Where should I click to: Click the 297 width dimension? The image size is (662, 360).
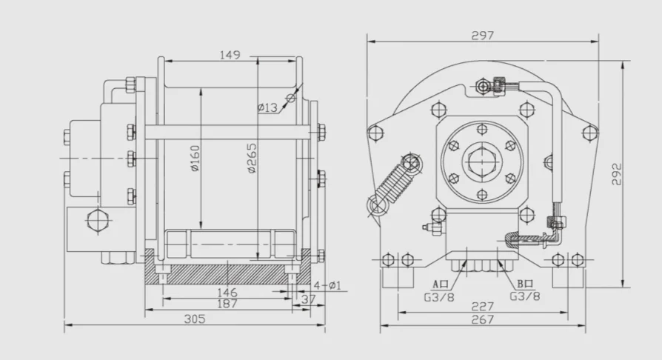coord(481,35)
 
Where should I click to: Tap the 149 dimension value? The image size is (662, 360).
coord(230,54)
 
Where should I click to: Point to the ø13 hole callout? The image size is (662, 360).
coord(267,107)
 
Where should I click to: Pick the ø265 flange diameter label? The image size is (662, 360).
coord(251,157)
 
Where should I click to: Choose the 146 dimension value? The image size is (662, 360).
coord(227,293)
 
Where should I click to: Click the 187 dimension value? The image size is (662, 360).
coord(227,304)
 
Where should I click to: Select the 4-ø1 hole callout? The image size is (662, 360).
coord(327,285)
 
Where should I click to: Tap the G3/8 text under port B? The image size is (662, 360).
coord(524,295)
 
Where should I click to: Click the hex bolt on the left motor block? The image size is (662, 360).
coord(96,220)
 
